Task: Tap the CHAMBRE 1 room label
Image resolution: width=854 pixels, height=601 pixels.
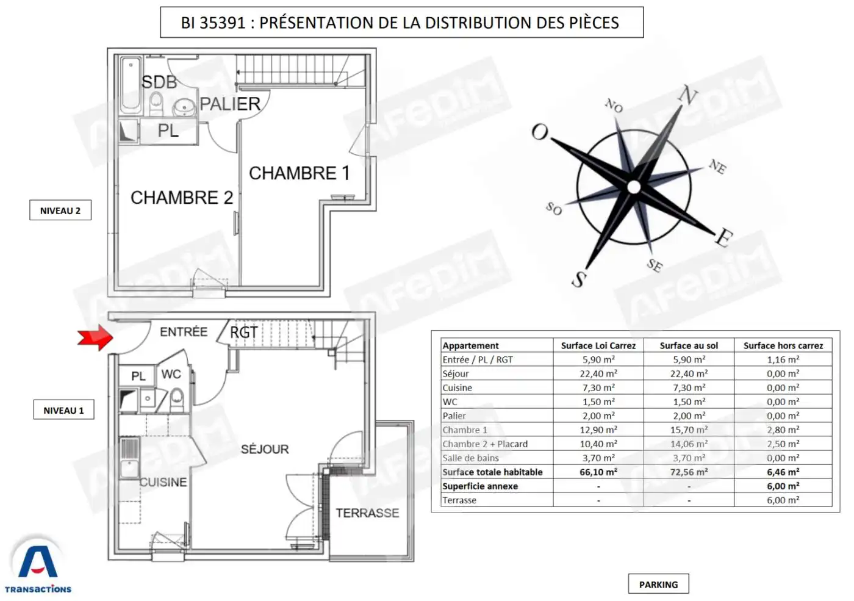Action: (x=300, y=173)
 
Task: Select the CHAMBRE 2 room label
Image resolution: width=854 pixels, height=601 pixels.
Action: (x=182, y=198)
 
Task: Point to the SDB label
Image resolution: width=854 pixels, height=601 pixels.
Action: (x=159, y=82)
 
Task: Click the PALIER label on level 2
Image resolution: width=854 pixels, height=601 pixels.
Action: (x=231, y=104)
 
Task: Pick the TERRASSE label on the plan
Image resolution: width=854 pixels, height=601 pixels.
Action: (x=367, y=513)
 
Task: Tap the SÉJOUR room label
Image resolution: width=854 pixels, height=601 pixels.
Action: (x=265, y=449)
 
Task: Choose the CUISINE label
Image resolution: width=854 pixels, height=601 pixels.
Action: (x=163, y=482)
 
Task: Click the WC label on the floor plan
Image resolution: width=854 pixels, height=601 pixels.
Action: (x=171, y=374)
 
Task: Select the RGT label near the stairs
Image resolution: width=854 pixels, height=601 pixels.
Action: (x=244, y=332)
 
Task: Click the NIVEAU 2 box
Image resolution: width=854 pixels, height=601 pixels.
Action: (x=60, y=210)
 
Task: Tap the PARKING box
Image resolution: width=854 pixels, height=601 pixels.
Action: (x=658, y=585)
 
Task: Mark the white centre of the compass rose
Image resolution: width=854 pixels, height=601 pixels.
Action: (x=634, y=187)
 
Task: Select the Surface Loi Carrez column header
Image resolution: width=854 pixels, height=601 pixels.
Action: (x=598, y=345)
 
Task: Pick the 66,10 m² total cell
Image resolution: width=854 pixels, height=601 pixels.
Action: (x=598, y=472)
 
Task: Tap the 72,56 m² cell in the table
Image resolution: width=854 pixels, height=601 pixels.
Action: (x=689, y=472)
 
